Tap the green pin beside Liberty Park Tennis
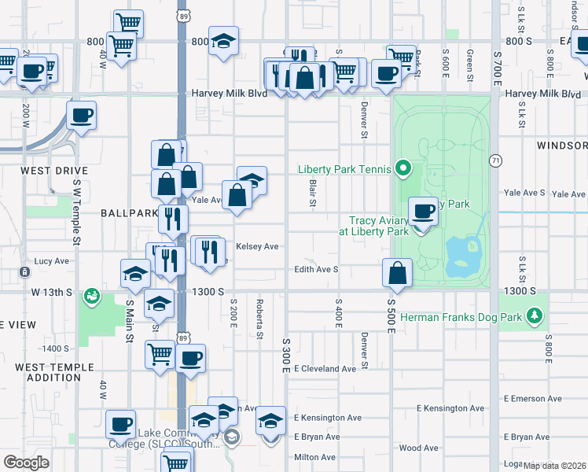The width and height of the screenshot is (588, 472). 403,168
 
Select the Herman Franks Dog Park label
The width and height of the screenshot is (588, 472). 461,317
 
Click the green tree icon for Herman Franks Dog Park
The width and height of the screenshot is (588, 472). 535,316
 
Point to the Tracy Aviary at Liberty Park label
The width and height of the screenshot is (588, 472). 373,226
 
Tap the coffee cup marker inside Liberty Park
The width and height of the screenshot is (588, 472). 424,212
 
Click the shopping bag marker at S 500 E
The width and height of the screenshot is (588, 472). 398,273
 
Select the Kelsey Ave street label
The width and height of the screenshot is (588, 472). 258,246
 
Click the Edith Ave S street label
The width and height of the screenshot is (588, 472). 316,269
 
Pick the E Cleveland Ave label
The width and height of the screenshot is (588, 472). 325,368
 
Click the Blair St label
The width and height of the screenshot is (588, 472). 312,193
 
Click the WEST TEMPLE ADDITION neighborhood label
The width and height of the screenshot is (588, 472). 55,372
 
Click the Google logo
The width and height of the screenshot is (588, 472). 27,463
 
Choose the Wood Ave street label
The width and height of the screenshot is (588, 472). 418,448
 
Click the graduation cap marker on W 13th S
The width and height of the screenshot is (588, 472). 136,275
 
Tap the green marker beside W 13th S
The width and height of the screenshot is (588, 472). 93,296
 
